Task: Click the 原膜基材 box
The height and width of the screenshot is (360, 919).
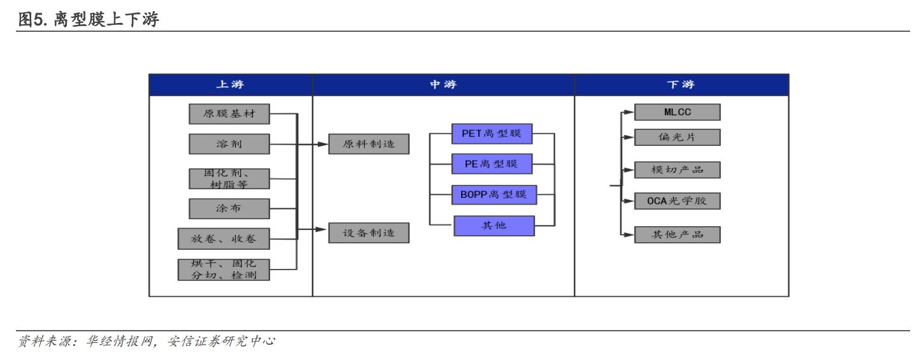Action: (229, 114)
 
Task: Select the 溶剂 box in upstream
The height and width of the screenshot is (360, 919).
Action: (229, 144)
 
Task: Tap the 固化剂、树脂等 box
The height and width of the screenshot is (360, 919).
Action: (229, 179)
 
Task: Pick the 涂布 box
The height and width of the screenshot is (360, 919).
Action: (229, 208)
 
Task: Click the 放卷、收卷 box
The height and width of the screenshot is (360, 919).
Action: (224, 239)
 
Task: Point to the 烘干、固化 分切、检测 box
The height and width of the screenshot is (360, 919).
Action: (224, 270)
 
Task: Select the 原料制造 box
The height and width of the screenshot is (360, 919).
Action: (369, 144)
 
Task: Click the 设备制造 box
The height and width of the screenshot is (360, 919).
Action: (369, 233)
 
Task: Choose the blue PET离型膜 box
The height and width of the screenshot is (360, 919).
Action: (492, 134)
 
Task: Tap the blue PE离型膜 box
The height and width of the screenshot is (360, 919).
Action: (492, 164)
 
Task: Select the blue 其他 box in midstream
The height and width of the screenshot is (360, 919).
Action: (494, 226)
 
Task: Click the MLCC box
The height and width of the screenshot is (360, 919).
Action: (677, 113)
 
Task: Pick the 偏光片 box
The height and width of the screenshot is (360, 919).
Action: (677, 137)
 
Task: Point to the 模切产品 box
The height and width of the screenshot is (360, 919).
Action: (677, 170)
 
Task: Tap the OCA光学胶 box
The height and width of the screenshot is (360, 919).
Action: (677, 201)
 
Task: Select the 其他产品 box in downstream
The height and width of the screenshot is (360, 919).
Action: (677, 234)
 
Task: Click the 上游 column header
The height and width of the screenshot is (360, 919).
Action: (231, 85)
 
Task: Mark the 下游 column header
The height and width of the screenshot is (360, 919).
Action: (681, 85)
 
